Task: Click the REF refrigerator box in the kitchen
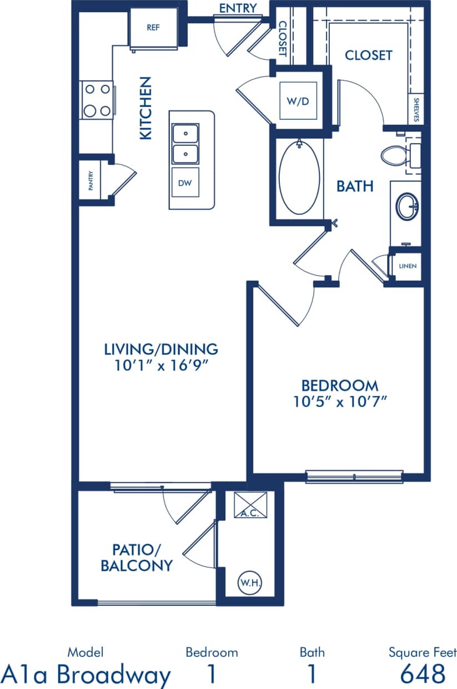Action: point(153,28)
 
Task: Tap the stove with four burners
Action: point(97,100)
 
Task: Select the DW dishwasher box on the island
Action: point(185,182)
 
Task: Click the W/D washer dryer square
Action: point(298,100)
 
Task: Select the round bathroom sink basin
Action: point(408,206)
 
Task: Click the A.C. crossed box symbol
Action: point(250,505)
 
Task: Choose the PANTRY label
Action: point(91,181)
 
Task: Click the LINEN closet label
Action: point(408,266)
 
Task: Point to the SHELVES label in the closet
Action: point(416,110)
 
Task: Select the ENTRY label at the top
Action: point(238,8)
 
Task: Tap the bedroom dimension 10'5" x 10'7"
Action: point(339,401)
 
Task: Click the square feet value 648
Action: point(423,673)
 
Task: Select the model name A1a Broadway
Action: point(86,675)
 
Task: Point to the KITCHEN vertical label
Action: point(145,108)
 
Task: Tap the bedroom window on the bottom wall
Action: point(354,476)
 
